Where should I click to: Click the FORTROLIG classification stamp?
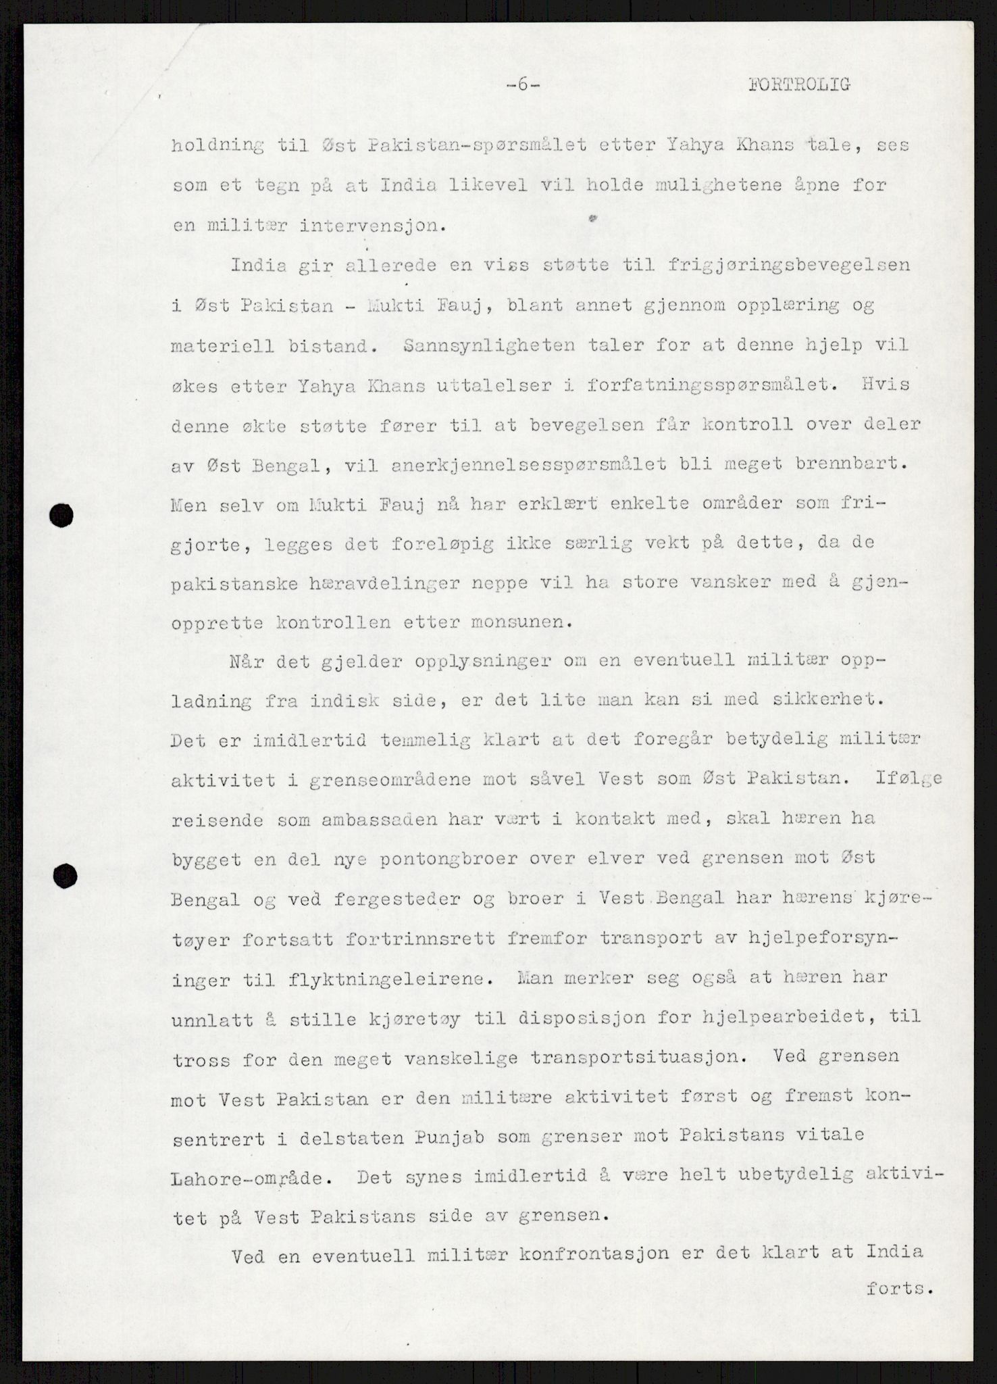798,84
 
